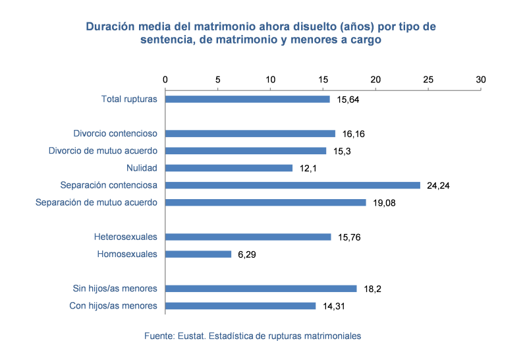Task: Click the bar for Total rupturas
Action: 248,99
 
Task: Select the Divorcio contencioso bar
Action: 250,134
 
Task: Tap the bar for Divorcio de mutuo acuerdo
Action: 246,151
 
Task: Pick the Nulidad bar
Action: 229,168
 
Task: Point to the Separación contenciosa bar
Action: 292,185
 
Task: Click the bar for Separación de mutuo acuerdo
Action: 265,202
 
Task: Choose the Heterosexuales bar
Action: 248,237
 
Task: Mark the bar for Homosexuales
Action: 198,254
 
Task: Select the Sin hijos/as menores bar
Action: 261,288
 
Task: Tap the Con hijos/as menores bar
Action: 240,306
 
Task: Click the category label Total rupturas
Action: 129,100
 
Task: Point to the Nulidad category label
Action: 142,168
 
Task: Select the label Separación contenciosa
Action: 109,185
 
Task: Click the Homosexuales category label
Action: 127,254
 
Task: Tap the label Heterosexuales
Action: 125,237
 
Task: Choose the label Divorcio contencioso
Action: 115,134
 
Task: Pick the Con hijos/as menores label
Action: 113,306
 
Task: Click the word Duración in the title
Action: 107,27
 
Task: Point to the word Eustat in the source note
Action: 190,336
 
